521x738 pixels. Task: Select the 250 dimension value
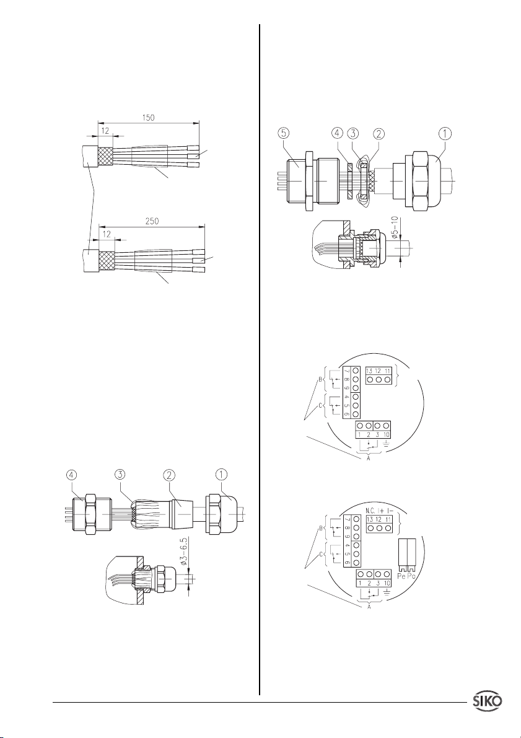coord(152,221)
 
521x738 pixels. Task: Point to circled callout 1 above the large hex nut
coord(445,133)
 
